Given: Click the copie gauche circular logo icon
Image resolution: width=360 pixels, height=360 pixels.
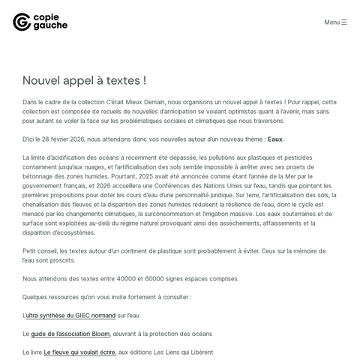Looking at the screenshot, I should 22,22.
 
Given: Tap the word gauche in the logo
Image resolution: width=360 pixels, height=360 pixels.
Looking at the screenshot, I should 51,26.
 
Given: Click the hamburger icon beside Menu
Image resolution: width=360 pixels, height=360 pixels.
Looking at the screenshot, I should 344,22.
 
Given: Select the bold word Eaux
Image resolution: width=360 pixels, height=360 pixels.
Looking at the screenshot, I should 275,139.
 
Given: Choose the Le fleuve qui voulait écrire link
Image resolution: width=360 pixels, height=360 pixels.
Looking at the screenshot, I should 79,352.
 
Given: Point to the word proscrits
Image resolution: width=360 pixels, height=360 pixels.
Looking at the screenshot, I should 61,260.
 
